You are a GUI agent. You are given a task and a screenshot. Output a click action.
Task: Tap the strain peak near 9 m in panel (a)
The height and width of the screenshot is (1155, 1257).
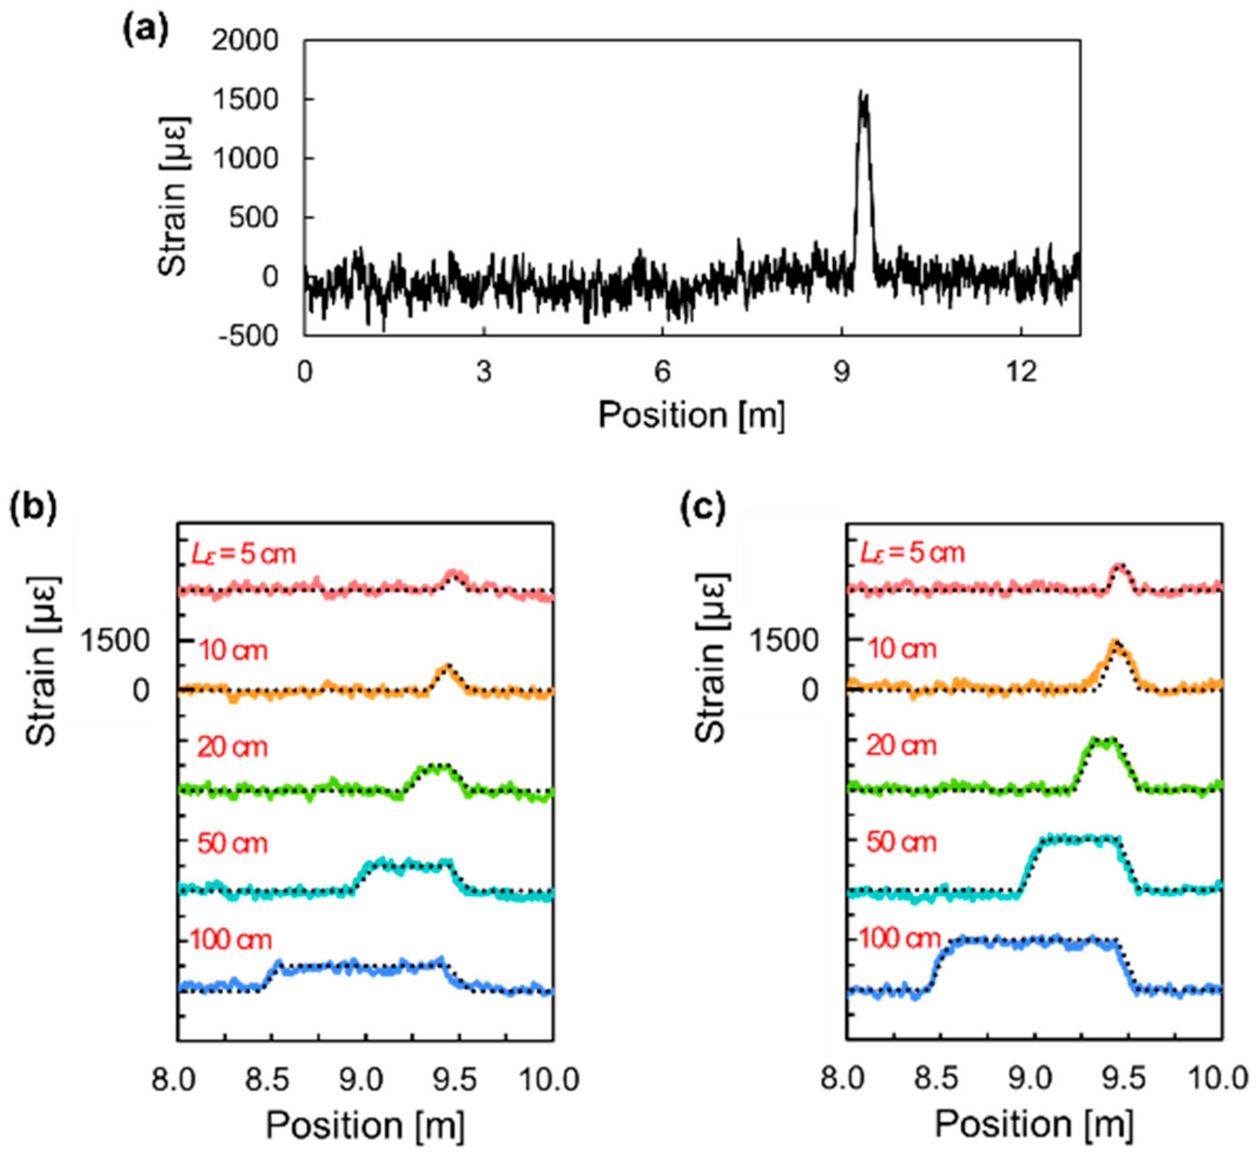point(863,100)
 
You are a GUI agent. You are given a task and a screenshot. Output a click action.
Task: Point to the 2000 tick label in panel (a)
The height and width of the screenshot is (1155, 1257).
point(245,41)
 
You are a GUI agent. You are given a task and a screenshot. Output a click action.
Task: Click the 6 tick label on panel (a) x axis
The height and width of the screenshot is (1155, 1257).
point(662,373)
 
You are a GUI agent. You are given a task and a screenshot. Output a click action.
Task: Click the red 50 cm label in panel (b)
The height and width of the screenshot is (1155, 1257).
point(232,844)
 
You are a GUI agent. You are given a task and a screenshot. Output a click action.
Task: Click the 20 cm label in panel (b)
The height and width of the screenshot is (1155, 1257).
point(232,747)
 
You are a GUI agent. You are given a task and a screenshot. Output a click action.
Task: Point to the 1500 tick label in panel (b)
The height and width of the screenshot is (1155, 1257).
point(115,641)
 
